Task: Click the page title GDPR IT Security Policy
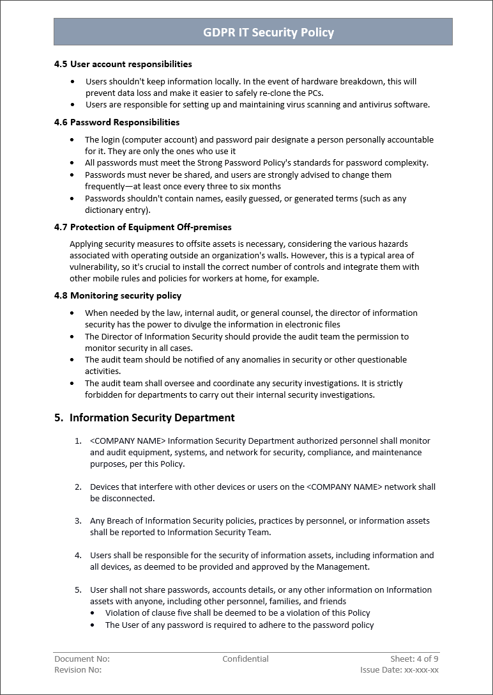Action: pyautogui.click(x=268, y=32)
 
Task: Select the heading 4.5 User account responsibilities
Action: pyautogui.click(x=123, y=64)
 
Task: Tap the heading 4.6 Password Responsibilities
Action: pyautogui.click(x=116, y=122)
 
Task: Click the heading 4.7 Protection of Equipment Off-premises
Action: pyautogui.click(x=142, y=227)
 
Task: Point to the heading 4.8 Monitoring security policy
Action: pyautogui.click(x=118, y=295)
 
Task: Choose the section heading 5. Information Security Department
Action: pyautogui.click(x=144, y=418)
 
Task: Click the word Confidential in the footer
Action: pyautogui.click(x=245, y=659)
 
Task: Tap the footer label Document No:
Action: pyautogui.click(x=82, y=659)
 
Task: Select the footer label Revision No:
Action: pyautogui.click(x=78, y=669)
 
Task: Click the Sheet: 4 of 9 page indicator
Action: pyautogui.click(x=414, y=659)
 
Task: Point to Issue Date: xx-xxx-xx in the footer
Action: pyautogui.click(x=399, y=669)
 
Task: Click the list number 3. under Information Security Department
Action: pyautogui.click(x=78, y=521)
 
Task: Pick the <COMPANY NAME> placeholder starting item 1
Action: pyautogui.click(x=128, y=441)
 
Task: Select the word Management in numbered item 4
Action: pyautogui.click(x=344, y=566)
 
